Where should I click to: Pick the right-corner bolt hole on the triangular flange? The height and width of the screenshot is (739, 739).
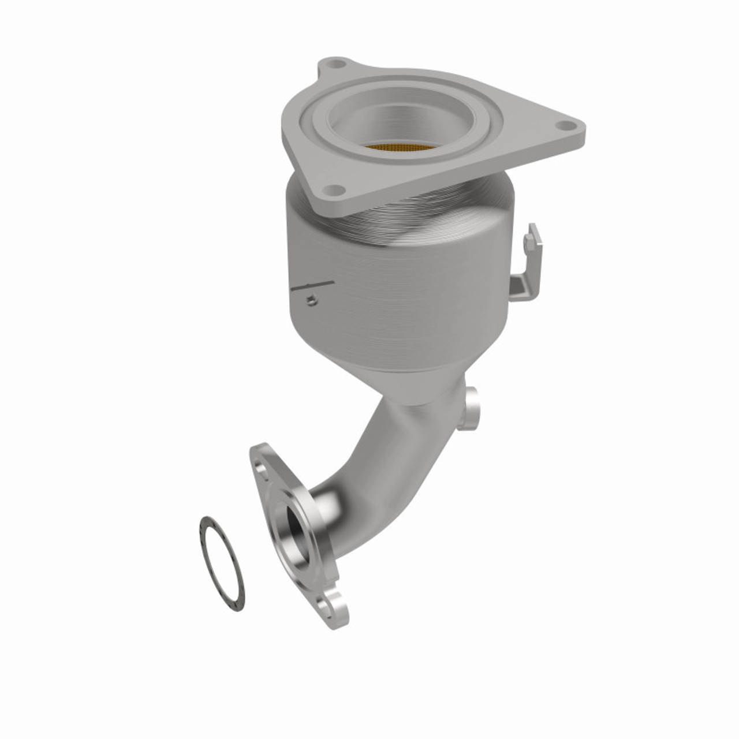click(x=565, y=125)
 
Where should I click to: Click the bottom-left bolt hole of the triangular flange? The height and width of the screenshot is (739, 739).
click(x=334, y=189)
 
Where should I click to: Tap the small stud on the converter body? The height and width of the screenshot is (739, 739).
click(x=312, y=300)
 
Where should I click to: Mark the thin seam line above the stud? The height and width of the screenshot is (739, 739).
click(x=315, y=286)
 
